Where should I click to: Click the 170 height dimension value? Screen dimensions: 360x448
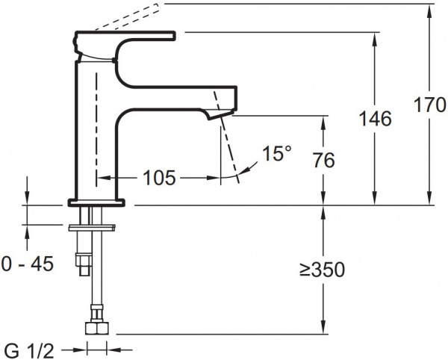(x=429, y=105)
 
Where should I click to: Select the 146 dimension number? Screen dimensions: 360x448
(x=375, y=118)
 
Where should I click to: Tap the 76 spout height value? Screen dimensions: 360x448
(x=324, y=160)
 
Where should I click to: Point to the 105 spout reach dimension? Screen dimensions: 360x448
(x=159, y=178)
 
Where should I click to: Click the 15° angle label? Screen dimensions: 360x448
(x=276, y=155)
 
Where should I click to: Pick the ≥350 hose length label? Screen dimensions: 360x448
(x=322, y=270)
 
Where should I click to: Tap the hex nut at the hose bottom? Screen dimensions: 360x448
(x=97, y=328)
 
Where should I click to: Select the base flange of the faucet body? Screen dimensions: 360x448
(x=98, y=201)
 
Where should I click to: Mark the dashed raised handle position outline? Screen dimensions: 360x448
(x=119, y=18)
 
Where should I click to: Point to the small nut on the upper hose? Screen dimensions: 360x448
(x=84, y=262)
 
